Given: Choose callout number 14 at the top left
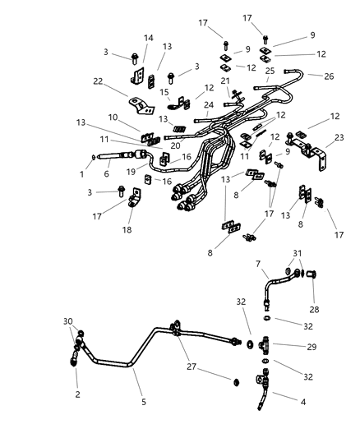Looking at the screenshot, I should pos(149,38).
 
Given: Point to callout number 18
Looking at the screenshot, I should pos(126,231).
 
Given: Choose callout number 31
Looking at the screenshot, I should pos(298,252).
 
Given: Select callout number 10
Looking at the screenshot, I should pos(113,118).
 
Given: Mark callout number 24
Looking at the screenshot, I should pos(208,104).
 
